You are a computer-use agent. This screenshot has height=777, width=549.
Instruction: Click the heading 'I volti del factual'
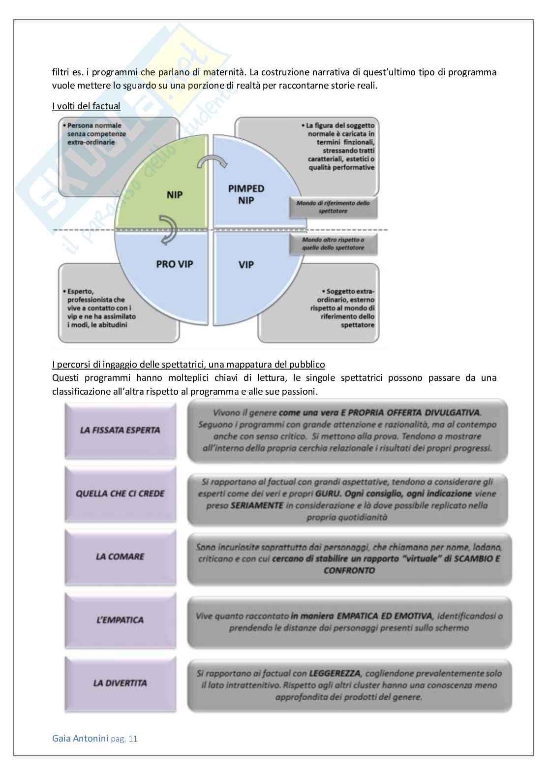click(x=86, y=106)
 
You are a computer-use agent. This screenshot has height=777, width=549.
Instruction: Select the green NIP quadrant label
click(x=174, y=195)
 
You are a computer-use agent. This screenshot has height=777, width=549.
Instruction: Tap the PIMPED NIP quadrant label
click(x=246, y=194)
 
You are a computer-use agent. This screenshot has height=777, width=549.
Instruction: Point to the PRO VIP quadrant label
click(x=175, y=264)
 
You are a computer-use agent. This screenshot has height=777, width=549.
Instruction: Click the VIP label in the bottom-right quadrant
click(x=246, y=265)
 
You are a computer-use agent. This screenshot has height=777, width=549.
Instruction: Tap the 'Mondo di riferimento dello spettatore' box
click(x=333, y=207)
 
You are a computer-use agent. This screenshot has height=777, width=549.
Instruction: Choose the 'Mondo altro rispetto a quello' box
click(x=333, y=244)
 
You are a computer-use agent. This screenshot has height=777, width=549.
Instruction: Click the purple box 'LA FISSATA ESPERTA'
click(x=120, y=431)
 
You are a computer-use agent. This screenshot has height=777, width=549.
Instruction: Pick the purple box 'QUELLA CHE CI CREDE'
click(x=120, y=494)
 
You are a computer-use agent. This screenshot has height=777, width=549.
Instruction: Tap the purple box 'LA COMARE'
click(x=120, y=557)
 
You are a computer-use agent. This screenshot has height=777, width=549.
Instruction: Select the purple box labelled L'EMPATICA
click(x=120, y=620)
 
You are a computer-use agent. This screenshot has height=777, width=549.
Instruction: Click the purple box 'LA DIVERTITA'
click(x=120, y=683)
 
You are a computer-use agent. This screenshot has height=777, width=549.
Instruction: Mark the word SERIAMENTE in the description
click(x=257, y=505)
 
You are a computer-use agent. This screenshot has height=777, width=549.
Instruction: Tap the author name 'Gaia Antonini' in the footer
click(x=80, y=738)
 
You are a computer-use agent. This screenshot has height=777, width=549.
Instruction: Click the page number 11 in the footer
click(x=132, y=739)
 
